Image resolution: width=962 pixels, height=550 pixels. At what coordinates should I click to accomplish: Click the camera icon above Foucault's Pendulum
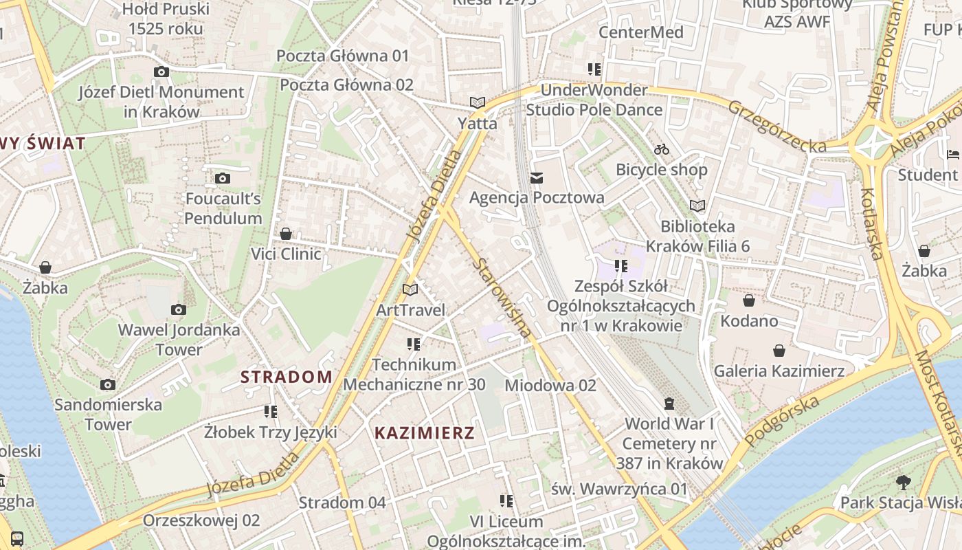pyautogui.click(x=222, y=179)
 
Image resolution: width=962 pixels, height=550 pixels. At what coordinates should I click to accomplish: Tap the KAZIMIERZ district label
pyautogui.click(x=425, y=433)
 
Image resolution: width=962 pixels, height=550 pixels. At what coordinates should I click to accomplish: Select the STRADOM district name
pyautogui.click(x=287, y=377)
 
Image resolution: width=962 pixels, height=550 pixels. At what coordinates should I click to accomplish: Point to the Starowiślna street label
pyautogui.click(x=502, y=298)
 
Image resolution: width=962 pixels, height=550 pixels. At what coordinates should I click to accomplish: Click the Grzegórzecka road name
pyautogui.click(x=777, y=126)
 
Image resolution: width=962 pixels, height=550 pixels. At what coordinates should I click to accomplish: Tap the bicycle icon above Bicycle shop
pyautogui.click(x=662, y=149)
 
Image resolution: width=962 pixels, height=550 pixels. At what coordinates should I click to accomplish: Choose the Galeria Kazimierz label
pyautogui.click(x=779, y=371)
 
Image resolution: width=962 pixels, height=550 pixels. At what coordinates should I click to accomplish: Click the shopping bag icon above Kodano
pyautogui.click(x=748, y=300)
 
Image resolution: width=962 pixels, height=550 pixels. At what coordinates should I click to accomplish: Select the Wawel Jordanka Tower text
pyautogui.click(x=179, y=340)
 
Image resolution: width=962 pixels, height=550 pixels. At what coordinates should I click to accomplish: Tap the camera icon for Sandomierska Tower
pyautogui.click(x=107, y=384)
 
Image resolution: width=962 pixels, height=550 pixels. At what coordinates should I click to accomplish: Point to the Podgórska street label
pyautogui.click(x=783, y=421)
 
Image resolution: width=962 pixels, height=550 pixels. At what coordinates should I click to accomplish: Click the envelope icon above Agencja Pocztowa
pyautogui.click(x=537, y=178)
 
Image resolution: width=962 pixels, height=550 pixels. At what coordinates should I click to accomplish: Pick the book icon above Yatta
pyautogui.click(x=478, y=103)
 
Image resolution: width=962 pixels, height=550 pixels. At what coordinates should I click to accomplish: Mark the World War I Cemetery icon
pyautogui.click(x=669, y=403)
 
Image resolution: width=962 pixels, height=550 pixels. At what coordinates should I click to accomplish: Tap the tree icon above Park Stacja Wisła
pyautogui.click(x=903, y=482)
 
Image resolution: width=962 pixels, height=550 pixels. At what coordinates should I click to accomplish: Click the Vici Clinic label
pyautogui.click(x=286, y=254)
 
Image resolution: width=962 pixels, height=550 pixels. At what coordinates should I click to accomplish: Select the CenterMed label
pyautogui.click(x=640, y=32)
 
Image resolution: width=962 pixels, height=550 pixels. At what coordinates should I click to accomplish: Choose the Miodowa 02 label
pyautogui.click(x=550, y=386)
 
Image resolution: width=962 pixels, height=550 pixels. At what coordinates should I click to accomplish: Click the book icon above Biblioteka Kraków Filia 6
pyautogui.click(x=697, y=206)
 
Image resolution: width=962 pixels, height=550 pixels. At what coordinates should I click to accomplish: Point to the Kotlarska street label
pyautogui.click(x=871, y=224)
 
